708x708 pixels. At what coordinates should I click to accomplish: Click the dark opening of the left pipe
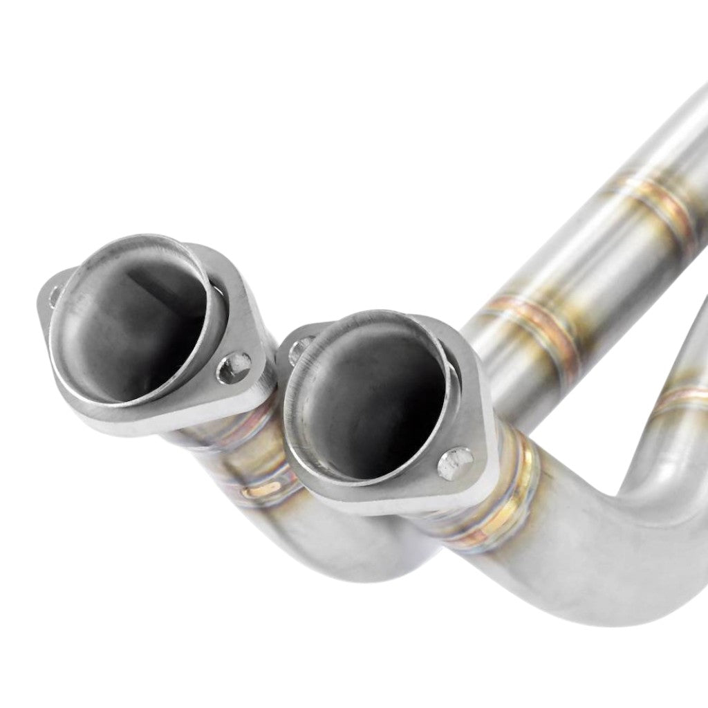pos(131,325)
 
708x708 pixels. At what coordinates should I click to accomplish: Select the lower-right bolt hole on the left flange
pos(234,368)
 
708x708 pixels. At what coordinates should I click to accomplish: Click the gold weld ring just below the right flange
pos(515,484)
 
